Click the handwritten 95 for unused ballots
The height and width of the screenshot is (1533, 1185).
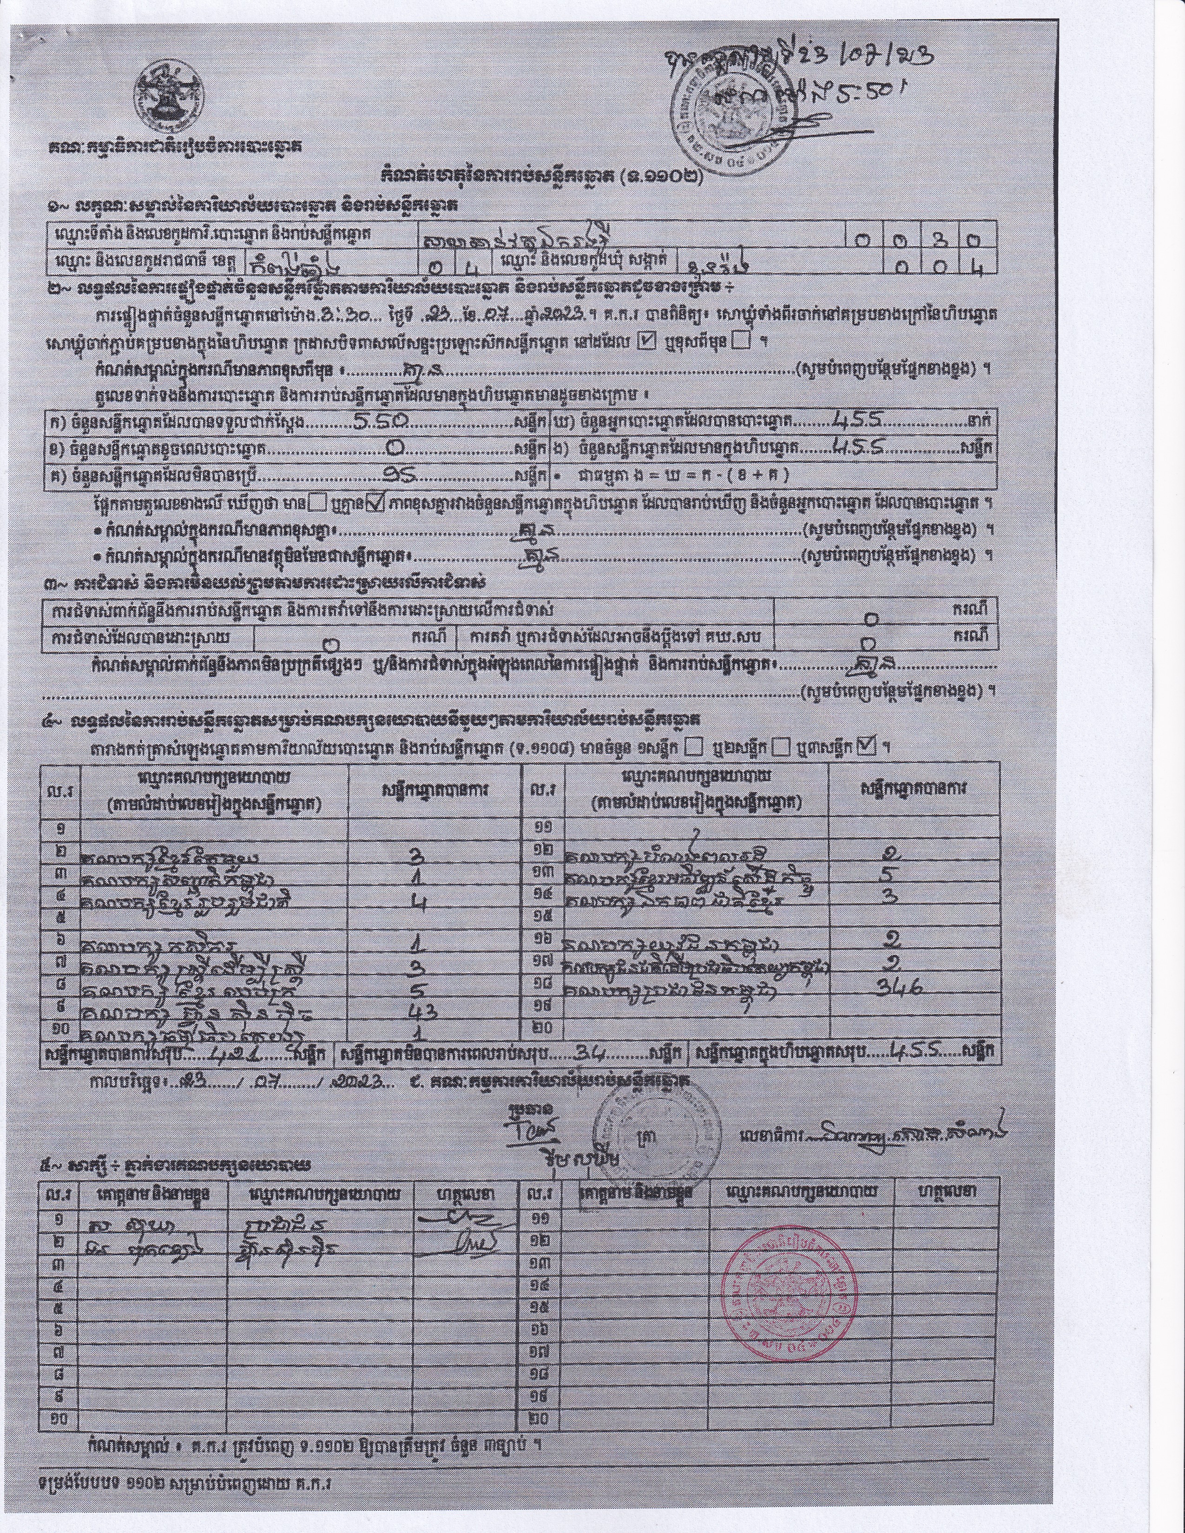[x=404, y=475]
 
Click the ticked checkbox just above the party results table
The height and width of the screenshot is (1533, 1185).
[x=867, y=747]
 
